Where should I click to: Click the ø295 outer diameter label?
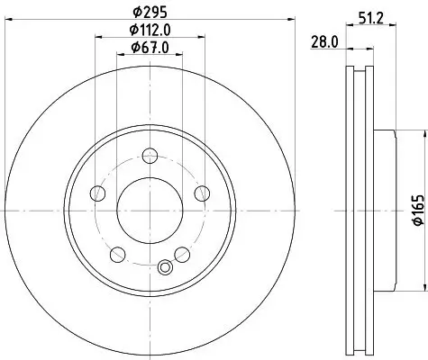click(150, 13)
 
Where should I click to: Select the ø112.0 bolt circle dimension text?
click(150, 31)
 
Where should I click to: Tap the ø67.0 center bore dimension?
click(150, 48)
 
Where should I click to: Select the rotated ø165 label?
click(418, 209)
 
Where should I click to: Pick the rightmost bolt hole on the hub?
click(202, 192)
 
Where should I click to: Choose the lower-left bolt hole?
click(118, 252)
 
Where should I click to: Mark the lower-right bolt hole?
click(183, 252)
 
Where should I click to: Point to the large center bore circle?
click(150, 208)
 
